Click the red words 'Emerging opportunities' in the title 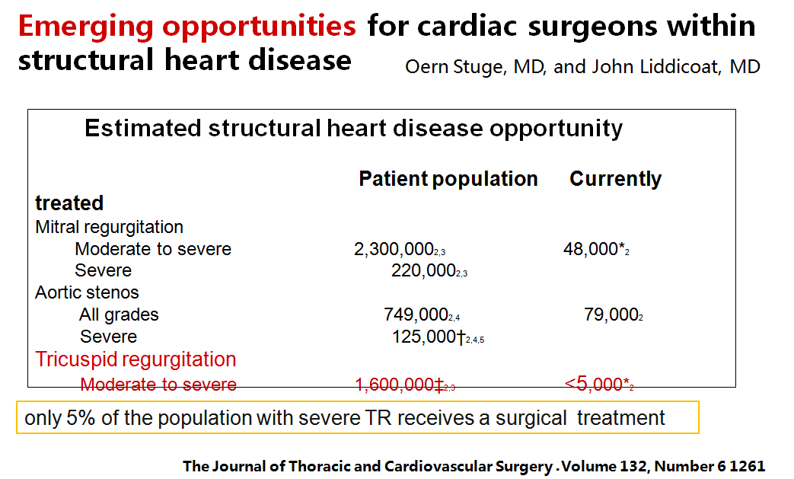(187, 27)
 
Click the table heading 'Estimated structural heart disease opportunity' (353, 128)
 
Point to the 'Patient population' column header (448, 179)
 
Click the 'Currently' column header (615, 179)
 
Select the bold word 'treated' (69, 203)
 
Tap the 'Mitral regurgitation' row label (109, 227)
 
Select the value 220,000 (423, 270)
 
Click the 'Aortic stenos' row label (87, 292)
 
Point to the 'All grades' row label (119, 315)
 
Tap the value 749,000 (416, 315)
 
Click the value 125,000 (423, 337)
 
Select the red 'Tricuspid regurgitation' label (136, 359)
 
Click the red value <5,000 (594, 385)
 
